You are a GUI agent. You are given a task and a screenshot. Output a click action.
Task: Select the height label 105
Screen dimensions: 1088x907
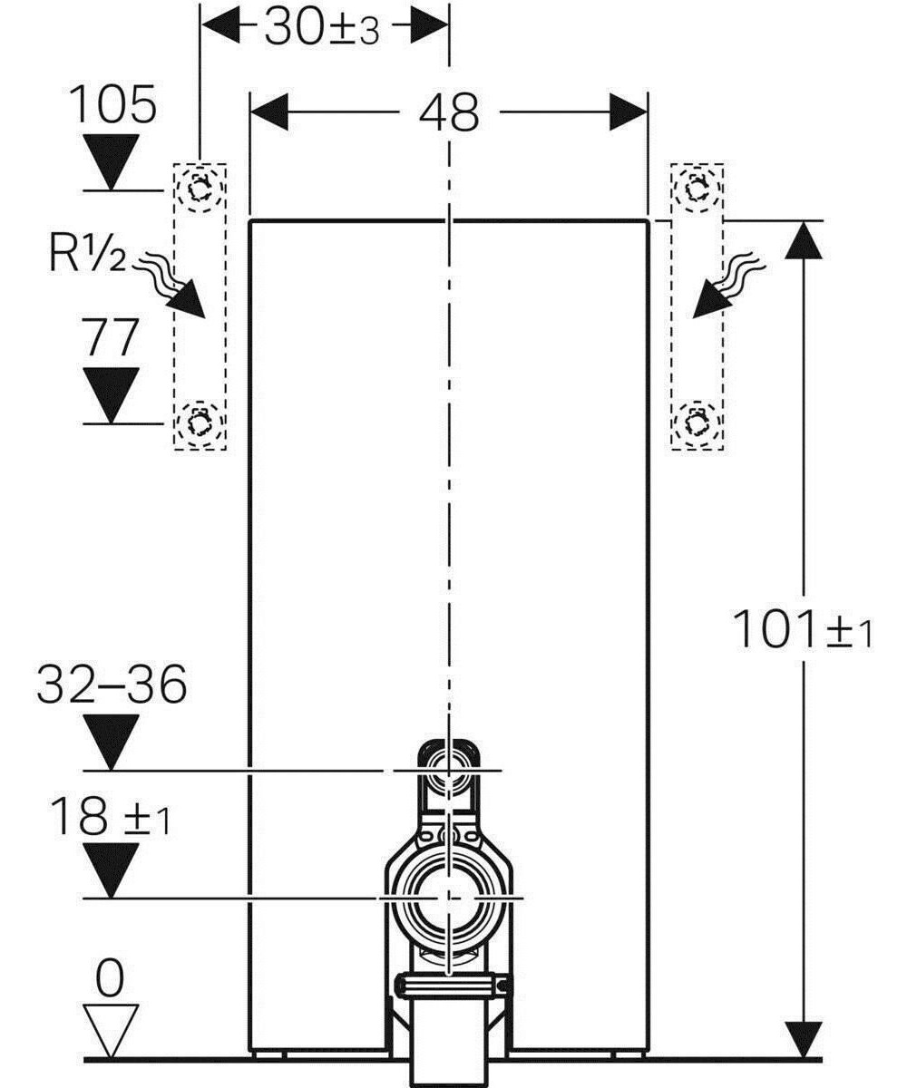(113, 107)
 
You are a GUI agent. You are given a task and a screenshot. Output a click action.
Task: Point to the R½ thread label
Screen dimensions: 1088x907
(88, 257)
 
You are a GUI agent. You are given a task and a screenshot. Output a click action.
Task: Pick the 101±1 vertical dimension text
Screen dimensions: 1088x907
(802, 631)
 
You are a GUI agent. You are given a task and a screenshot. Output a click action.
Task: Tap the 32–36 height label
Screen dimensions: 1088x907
(112, 685)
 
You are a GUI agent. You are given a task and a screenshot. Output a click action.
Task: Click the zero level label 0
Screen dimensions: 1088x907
(110, 979)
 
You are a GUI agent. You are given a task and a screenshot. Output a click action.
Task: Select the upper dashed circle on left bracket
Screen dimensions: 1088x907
(200, 189)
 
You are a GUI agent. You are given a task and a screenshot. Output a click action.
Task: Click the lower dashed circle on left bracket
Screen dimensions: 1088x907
(199, 422)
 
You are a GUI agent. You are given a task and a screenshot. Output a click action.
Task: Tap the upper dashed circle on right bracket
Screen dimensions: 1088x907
(696, 189)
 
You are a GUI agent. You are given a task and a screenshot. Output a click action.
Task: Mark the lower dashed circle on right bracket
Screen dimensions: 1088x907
(696, 422)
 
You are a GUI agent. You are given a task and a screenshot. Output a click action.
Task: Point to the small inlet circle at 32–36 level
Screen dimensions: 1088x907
(447, 770)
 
